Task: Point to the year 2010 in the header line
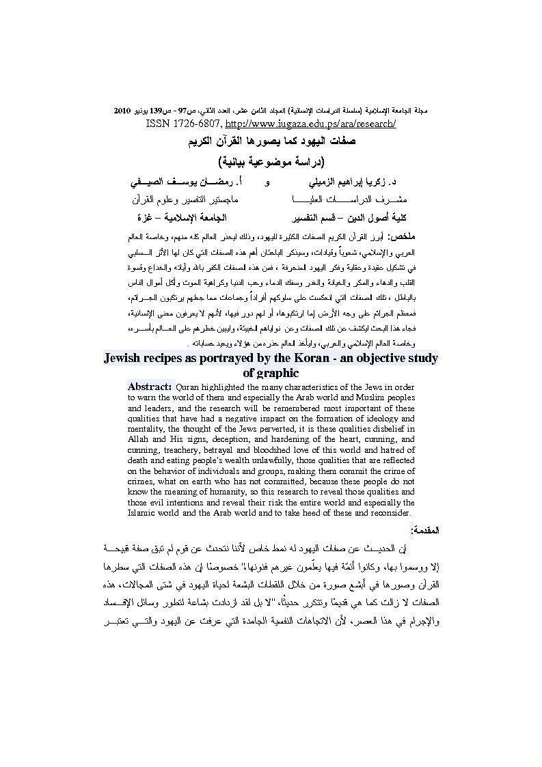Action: click(x=122, y=109)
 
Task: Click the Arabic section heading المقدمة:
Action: click(x=425, y=530)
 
